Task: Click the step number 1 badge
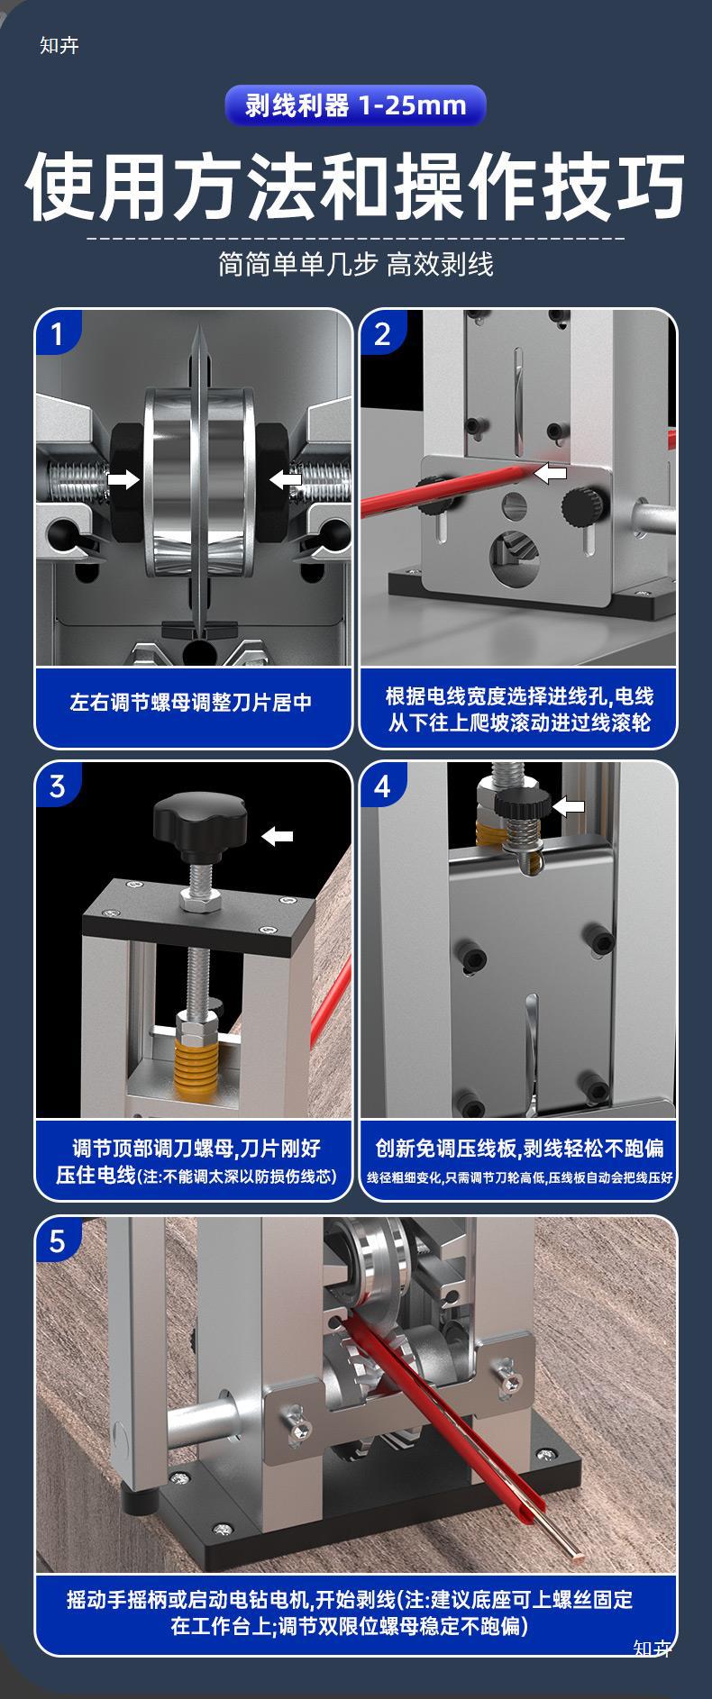click(57, 334)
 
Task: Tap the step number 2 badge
click(381, 334)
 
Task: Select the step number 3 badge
click(57, 786)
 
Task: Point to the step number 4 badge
click(381, 786)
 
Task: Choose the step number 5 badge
click(57, 1242)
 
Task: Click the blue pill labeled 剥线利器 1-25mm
click(355, 105)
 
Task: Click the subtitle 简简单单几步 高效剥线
click(356, 265)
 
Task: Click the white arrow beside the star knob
click(278, 837)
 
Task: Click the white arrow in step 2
click(551, 472)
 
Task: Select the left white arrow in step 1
click(123, 479)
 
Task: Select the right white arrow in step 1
click(286, 479)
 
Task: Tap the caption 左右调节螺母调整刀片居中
click(191, 703)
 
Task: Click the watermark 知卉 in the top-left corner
click(59, 45)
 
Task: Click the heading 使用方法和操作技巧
click(355, 186)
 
